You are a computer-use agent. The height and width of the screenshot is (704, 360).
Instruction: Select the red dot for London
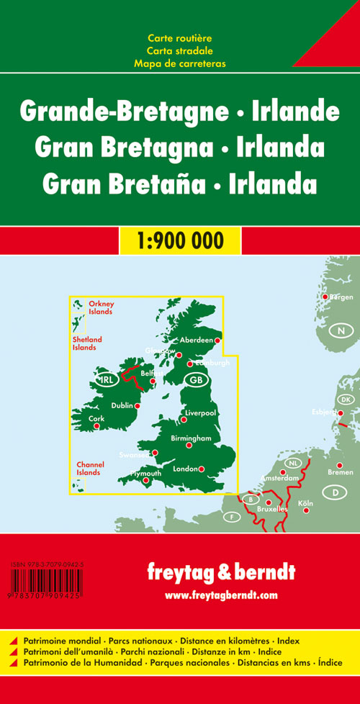(x=202, y=469)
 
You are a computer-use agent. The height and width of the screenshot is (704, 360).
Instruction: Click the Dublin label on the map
(x=122, y=405)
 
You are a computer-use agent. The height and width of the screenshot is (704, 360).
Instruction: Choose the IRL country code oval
(x=106, y=379)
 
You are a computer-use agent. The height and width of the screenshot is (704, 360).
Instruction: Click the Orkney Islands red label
(x=101, y=308)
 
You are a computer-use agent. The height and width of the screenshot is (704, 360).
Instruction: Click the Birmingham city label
(x=191, y=438)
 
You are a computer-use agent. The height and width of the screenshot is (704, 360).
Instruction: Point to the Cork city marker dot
(x=96, y=426)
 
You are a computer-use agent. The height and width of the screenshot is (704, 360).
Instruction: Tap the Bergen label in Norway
(x=341, y=297)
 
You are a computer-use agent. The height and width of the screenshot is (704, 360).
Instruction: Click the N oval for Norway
(x=339, y=331)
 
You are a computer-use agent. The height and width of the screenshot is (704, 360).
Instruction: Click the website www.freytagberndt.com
(x=220, y=595)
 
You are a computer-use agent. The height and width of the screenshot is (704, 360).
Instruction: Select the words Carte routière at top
(x=179, y=37)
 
